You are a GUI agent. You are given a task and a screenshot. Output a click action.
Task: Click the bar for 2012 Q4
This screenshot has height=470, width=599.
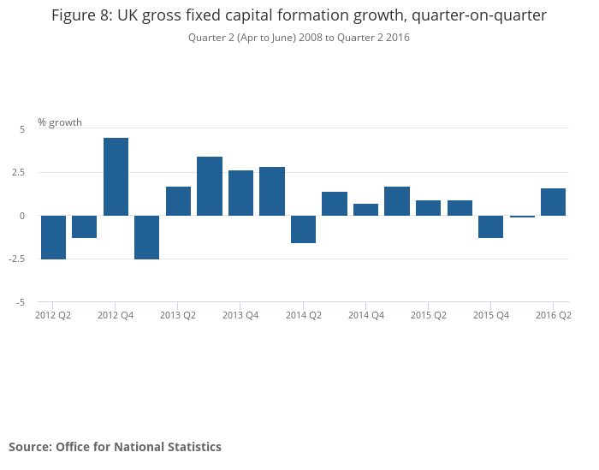tap(116, 176)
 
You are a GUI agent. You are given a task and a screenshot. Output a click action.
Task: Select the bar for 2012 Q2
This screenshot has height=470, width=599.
tap(53, 237)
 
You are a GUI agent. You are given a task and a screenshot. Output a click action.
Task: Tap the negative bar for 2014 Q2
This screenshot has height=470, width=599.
tap(303, 229)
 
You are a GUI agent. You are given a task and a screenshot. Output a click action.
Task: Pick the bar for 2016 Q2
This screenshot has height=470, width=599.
tap(553, 202)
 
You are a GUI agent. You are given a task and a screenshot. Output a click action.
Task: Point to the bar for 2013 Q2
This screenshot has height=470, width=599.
tap(178, 201)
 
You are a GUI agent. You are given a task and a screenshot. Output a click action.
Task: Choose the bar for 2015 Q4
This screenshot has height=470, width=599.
tap(490, 226)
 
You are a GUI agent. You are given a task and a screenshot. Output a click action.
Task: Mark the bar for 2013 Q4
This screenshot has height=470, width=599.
tap(240, 193)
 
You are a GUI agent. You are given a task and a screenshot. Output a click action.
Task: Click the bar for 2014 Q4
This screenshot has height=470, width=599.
tap(365, 210)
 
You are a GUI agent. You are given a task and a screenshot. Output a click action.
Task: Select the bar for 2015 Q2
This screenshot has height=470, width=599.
tap(428, 208)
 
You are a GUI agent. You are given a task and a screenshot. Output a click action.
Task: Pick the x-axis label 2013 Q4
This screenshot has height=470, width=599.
tap(240, 315)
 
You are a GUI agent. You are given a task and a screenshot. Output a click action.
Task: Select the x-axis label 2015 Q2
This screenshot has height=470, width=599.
tap(428, 315)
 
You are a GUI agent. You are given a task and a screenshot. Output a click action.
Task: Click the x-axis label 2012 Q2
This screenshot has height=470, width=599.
tap(53, 315)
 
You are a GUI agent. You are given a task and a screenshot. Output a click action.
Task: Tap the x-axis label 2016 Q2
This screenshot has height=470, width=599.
tap(553, 315)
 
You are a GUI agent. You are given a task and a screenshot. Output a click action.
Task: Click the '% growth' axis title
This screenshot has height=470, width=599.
tap(60, 122)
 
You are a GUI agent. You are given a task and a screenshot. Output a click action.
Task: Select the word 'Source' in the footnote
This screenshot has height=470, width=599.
tap(29, 447)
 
